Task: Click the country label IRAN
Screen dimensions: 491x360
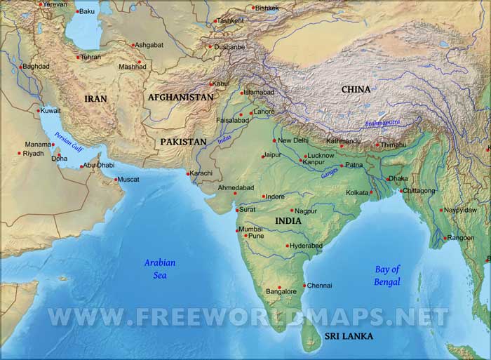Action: click(x=95, y=99)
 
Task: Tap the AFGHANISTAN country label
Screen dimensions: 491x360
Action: click(x=180, y=98)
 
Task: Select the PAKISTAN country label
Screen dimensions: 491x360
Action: click(x=183, y=142)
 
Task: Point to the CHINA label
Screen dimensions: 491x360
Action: click(x=356, y=89)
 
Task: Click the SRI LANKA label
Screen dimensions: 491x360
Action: click(x=349, y=336)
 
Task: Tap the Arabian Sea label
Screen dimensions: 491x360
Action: click(x=160, y=269)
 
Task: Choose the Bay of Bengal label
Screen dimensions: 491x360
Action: click(x=387, y=275)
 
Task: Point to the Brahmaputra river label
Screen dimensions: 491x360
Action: click(x=382, y=124)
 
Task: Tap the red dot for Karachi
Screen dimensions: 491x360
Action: click(x=188, y=173)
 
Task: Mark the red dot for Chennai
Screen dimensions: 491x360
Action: click(x=304, y=286)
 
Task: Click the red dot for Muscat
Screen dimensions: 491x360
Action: click(x=115, y=180)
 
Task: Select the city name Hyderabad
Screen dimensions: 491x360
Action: click(x=307, y=246)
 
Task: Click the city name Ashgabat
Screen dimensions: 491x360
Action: click(x=149, y=45)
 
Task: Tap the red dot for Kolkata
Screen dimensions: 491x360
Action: click(x=371, y=192)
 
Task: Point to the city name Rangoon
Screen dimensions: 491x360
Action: click(x=462, y=238)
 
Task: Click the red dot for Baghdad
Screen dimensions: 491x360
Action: click(x=20, y=67)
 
